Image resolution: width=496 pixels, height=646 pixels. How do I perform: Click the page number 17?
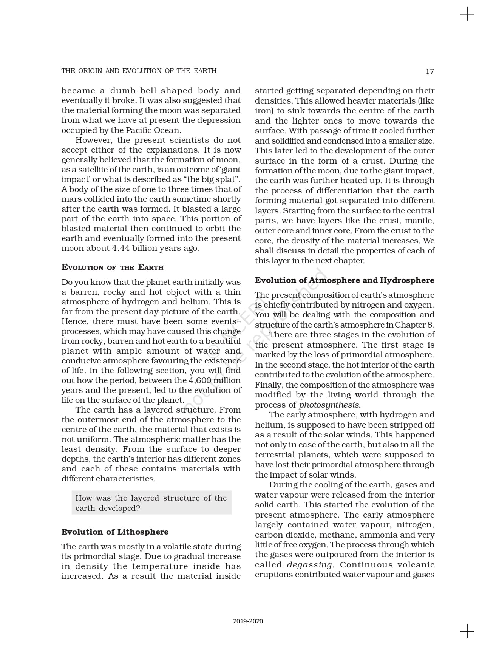pyautogui.click(x=430, y=71)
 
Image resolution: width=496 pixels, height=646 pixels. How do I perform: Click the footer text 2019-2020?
pyautogui.click(x=248, y=621)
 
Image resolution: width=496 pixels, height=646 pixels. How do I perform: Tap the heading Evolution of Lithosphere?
pyautogui.click(x=115, y=532)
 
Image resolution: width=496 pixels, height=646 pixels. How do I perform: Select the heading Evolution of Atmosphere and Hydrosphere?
pyautogui.click(x=345, y=280)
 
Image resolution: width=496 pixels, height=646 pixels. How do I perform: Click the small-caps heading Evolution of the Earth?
pyautogui.click(x=112, y=267)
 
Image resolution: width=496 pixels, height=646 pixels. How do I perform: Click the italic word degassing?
pyautogui.click(x=309, y=565)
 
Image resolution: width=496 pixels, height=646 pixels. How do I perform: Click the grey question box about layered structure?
pyautogui.click(x=151, y=503)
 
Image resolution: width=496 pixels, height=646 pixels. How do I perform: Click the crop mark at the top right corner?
pyautogui.click(x=467, y=14)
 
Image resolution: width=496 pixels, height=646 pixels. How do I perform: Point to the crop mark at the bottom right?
pyautogui.click(x=467, y=631)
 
